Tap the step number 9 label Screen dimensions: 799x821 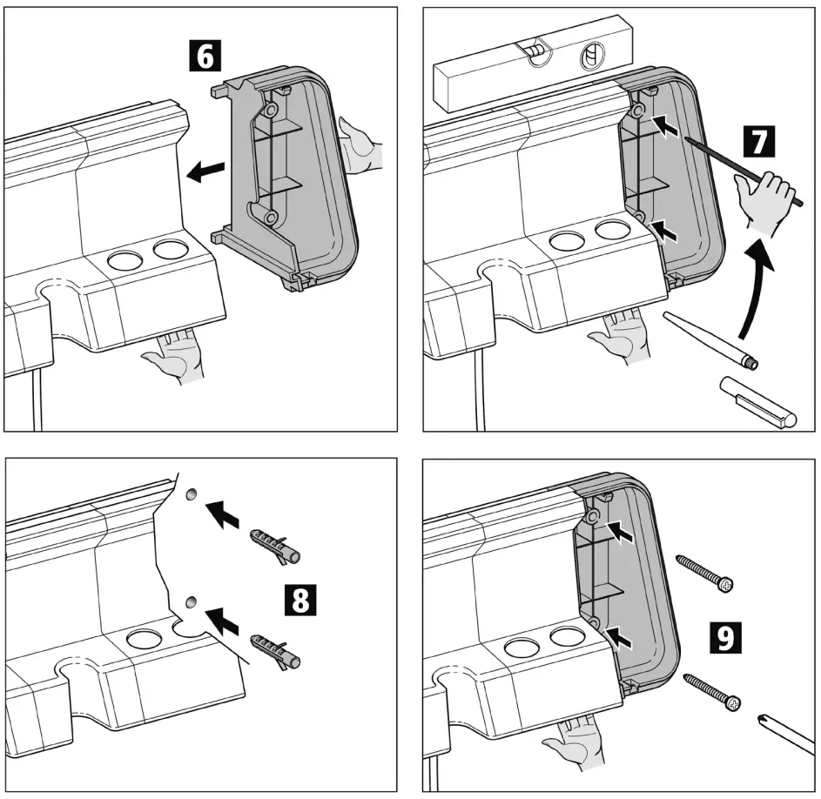(x=724, y=635)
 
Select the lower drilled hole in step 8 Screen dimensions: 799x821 (x=192, y=601)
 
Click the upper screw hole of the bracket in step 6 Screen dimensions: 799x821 (x=273, y=111)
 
